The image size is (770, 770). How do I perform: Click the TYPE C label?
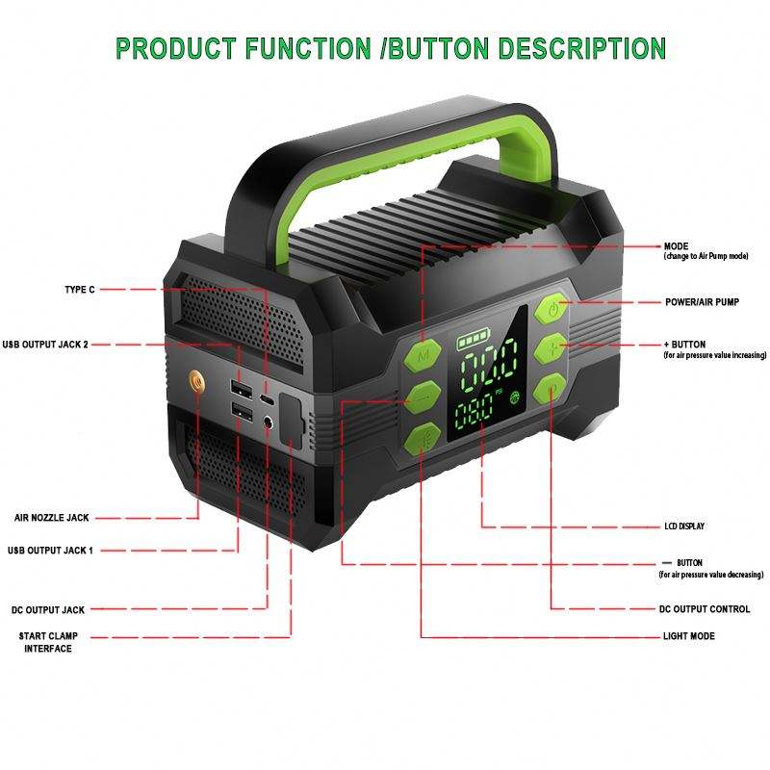pos(79,289)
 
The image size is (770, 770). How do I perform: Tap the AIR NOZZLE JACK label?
pos(51,518)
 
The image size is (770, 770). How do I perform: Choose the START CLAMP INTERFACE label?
pos(48,642)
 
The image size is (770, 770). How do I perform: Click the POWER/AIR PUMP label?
pos(702,302)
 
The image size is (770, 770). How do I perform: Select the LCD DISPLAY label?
pos(684,526)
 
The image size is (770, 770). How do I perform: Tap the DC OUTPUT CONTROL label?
pos(706,609)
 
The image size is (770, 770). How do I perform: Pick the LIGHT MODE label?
pos(689,637)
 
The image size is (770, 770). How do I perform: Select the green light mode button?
pos(423,439)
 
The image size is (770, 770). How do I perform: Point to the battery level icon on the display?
pos(473,342)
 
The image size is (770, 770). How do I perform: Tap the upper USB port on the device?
pos(240,388)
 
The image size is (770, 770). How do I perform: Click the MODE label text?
pos(677,246)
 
